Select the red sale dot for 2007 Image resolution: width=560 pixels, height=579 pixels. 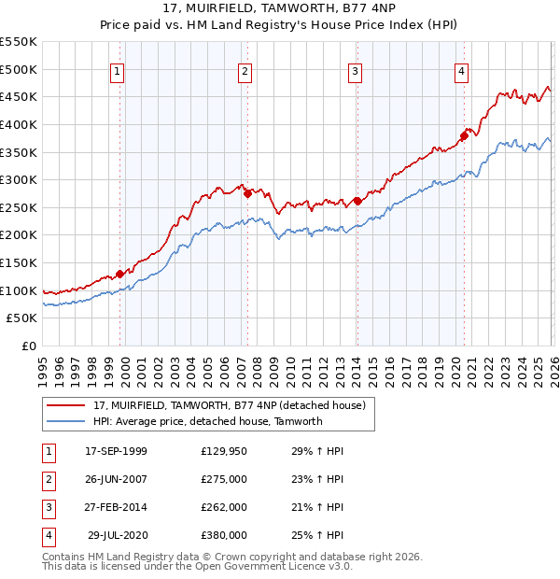point(247,194)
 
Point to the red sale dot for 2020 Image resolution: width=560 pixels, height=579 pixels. point(464,135)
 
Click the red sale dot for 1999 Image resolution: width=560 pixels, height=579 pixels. point(119,275)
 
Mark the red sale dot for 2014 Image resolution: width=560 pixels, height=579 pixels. point(357,201)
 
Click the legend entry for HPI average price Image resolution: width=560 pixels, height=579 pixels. point(207,421)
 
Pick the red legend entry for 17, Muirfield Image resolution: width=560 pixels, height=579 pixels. point(233,404)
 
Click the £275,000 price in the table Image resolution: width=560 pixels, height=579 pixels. point(223,478)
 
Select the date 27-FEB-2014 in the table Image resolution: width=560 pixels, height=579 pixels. point(116,507)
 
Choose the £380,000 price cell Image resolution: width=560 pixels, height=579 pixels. point(223,535)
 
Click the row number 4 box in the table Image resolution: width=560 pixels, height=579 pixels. point(48,535)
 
